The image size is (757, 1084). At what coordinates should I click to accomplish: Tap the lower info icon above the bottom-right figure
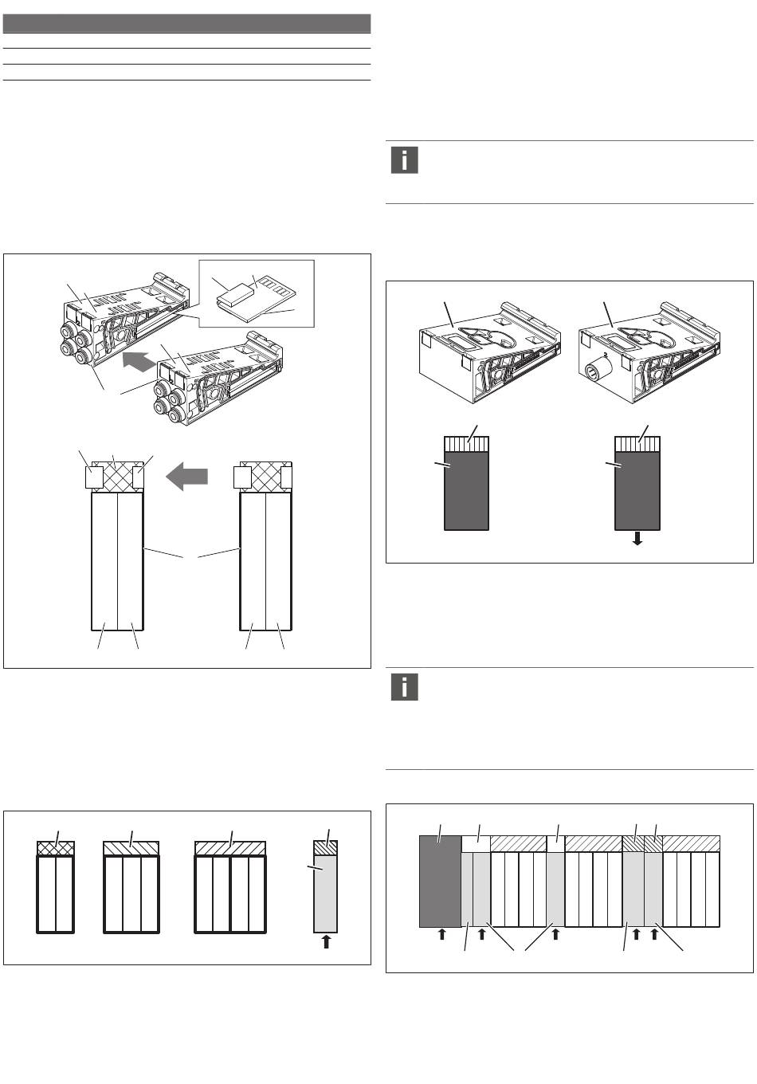click(x=405, y=687)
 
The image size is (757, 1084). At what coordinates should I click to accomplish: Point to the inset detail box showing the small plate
click(x=257, y=293)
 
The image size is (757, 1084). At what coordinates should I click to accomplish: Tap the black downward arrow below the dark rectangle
click(x=637, y=540)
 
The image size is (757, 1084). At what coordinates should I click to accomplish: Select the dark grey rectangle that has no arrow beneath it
click(x=465, y=490)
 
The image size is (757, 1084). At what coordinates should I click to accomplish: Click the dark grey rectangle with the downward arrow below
click(x=637, y=490)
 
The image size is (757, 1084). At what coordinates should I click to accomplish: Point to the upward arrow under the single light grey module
click(x=325, y=942)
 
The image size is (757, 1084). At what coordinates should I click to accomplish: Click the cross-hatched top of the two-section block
click(x=56, y=848)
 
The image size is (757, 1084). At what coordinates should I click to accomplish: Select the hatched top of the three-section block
click(x=132, y=847)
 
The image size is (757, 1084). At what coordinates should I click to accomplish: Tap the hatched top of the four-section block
click(x=230, y=847)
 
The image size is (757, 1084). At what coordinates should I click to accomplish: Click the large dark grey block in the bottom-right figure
click(x=440, y=881)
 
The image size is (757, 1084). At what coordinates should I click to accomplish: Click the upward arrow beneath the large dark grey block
click(x=441, y=935)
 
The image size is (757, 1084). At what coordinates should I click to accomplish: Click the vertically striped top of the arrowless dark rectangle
click(x=465, y=444)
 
